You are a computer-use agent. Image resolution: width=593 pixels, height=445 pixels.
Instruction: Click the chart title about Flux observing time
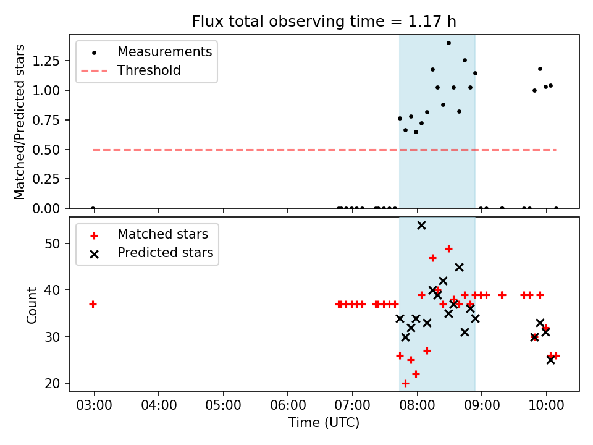pyautogui.click(x=324, y=22)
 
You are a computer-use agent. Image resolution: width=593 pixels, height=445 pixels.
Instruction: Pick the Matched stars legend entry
pyautogui.click(x=162, y=234)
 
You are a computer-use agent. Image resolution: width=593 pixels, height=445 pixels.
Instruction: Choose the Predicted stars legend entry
pyautogui.click(x=165, y=253)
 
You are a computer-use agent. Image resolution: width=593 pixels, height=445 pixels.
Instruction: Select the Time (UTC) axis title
pyautogui.click(x=324, y=423)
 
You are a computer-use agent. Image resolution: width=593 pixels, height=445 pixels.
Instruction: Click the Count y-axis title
pyautogui.click(x=32, y=304)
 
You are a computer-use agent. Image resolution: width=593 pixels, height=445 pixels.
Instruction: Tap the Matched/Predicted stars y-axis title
pyautogui.click(x=20, y=122)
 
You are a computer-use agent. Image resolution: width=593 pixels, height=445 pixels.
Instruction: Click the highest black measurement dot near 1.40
pyautogui.click(x=448, y=43)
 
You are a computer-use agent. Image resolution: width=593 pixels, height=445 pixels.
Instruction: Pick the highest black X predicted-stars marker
pyautogui.click(x=421, y=225)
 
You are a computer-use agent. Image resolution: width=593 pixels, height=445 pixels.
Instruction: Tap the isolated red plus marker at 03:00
pyautogui.click(x=93, y=304)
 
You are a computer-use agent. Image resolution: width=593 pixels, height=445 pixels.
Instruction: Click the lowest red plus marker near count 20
pyautogui.click(x=405, y=383)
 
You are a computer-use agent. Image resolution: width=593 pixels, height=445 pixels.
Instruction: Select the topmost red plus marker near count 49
pyautogui.click(x=448, y=248)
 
